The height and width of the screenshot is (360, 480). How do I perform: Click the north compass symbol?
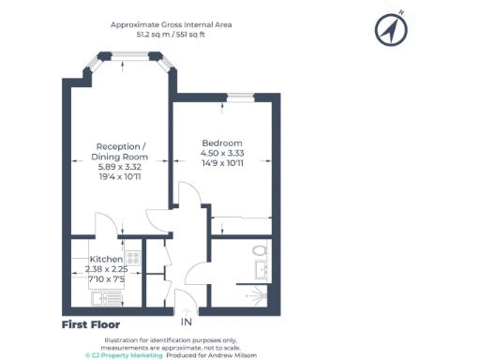(x=389, y=30)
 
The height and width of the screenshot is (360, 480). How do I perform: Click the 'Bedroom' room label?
(x=222, y=142)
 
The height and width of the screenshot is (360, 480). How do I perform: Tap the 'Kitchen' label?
(x=106, y=259)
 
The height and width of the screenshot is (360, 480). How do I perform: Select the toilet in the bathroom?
(x=259, y=251)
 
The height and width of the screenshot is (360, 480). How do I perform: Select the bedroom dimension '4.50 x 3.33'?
(x=223, y=153)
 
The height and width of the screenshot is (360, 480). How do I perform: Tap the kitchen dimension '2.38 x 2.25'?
(x=106, y=269)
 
